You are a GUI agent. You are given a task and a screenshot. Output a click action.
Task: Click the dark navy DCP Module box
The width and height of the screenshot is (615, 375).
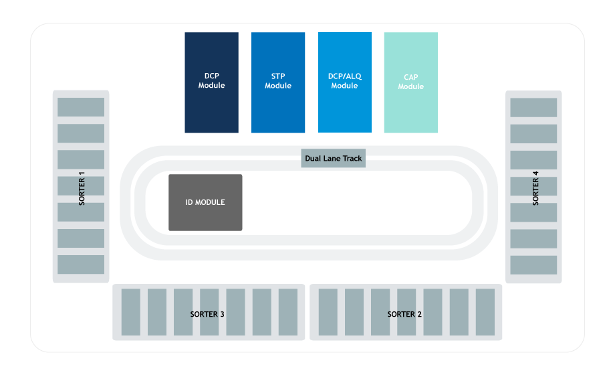click(x=211, y=82)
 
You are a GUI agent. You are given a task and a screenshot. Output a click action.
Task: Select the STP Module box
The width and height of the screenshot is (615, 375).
click(x=278, y=82)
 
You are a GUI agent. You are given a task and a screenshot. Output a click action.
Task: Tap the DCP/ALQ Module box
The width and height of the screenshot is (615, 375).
click(x=345, y=82)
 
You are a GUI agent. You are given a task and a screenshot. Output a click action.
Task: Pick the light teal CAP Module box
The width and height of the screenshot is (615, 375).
click(x=411, y=82)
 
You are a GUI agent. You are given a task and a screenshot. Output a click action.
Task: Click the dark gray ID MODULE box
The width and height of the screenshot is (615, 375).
click(x=205, y=202)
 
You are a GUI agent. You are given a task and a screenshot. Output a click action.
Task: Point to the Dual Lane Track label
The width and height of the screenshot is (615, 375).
click(x=334, y=158)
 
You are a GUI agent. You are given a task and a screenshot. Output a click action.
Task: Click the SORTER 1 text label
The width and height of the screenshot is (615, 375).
click(x=82, y=188)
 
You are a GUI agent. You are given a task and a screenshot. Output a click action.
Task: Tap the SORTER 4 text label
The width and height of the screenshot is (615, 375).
click(x=535, y=188)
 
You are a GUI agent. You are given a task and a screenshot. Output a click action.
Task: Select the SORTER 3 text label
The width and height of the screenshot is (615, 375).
click(x=207, y=314)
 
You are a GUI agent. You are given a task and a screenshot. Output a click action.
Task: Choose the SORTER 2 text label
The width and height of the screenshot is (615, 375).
click(x=404, y=314)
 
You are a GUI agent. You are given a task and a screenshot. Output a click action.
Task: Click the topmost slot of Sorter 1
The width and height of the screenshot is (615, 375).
click(x=81, y=107)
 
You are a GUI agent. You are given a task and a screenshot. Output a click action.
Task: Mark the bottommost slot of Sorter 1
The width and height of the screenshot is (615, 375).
click(x=81, y=265)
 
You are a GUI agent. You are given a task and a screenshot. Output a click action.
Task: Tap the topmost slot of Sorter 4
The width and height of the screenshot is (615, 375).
click(x=533, y=108)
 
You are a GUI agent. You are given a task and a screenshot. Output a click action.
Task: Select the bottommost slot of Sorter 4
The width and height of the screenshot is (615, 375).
click(x=533, y=265)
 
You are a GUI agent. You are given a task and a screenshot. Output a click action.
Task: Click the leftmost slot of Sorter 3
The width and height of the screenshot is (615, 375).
click(x=131, y=312)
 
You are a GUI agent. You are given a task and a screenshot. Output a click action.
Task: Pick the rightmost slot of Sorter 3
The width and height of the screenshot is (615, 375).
click(x=288, y=312)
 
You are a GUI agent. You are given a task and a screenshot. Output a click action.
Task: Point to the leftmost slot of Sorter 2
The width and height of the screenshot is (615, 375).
click(x=328, y=312)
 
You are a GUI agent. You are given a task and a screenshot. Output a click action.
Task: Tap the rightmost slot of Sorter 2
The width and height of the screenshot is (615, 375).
click(x=485, y=312)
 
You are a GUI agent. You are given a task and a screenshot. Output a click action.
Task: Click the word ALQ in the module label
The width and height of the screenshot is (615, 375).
click(x=354, y=76)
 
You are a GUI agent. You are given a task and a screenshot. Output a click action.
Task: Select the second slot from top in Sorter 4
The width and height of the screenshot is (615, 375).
click(x=533, y=134)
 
